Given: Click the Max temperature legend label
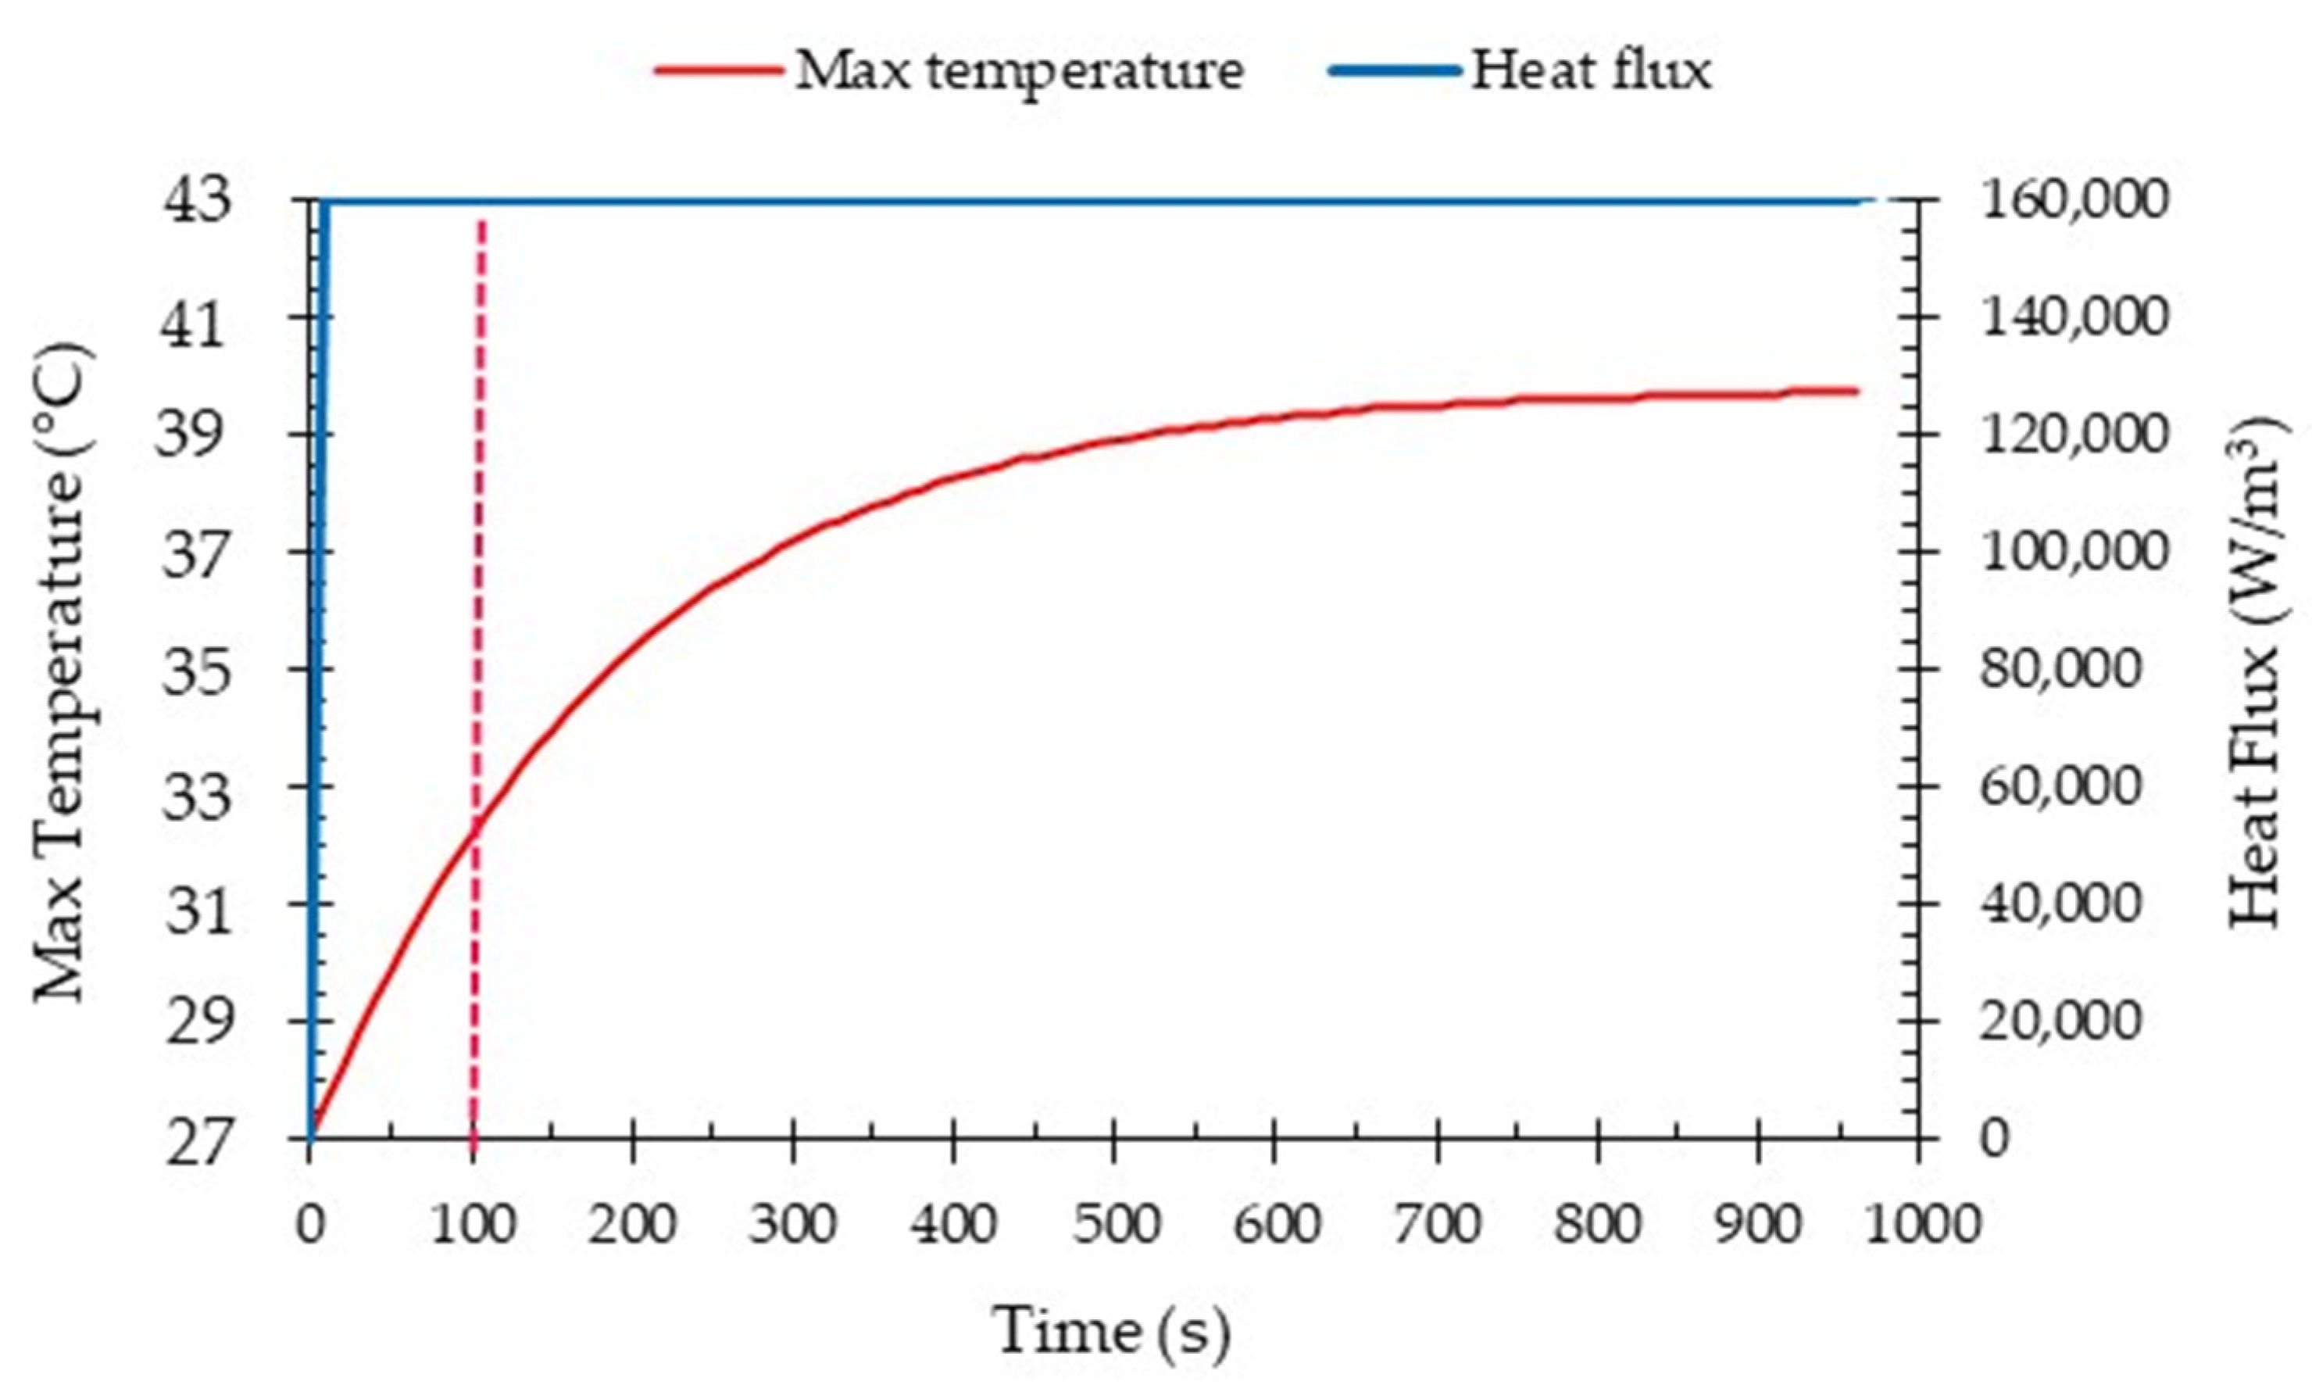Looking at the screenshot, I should pos(1019,70).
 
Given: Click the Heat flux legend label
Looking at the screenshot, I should pos(1592,70).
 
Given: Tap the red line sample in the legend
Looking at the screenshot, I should pos(716,70).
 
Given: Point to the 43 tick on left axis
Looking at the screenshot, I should pos(196,201).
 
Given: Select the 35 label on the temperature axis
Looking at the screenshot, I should pos(196,669).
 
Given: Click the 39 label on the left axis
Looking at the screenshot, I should pos(196,435).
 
